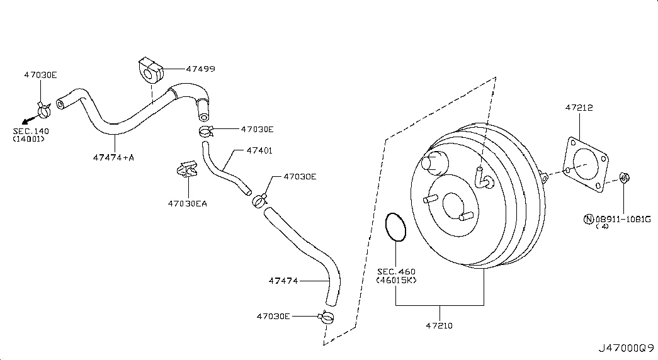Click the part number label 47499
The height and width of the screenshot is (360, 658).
pos(200,69)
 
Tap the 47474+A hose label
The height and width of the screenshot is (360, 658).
pos(113,158)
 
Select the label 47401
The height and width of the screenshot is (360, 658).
pos(259,150)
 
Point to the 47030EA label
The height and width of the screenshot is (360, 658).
pos(188,203)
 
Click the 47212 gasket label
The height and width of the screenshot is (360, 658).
pos(579,108)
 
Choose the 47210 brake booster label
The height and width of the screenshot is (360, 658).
pos(440,325)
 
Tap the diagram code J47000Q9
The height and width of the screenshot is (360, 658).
pos(626,348)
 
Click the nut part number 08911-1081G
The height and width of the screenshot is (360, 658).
pos(623,219)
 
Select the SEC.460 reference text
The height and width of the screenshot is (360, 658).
pos(396,271)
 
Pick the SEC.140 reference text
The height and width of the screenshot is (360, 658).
pos(31,131)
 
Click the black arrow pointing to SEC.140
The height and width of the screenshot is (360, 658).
pos(30,120)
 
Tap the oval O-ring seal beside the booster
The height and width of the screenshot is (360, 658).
pos(395,227)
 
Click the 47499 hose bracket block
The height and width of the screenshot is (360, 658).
pos(150,70)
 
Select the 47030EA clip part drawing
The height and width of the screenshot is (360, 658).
pos(187,169)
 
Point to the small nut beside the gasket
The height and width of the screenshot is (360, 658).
pos(625,178)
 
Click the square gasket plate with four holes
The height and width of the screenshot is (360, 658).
pos(585,164)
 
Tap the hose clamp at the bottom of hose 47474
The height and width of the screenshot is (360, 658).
pos(326,318)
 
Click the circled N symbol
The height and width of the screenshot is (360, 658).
pos(589,219)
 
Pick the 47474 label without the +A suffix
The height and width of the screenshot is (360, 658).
pos(283,281)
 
